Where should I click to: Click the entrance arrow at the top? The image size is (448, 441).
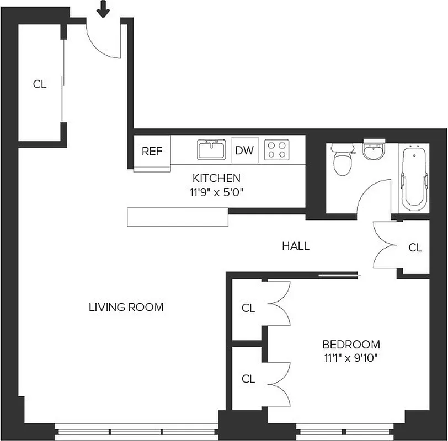coord(103,8)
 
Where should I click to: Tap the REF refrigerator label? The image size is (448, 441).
coord(152,151)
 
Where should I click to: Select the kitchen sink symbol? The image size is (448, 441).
coord(211,149)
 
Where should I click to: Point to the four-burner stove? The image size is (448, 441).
coord(277,150)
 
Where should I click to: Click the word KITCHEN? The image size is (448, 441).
coord(216,178)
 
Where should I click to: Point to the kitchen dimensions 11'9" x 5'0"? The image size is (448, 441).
coord(216,193)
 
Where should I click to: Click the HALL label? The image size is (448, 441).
coord(296,246)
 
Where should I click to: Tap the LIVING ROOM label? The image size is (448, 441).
coord(126,308)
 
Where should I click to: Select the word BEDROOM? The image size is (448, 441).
coord(351,345)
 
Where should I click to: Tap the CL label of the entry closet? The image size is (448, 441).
coord(40,84)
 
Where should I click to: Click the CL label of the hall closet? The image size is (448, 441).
coord(415,248)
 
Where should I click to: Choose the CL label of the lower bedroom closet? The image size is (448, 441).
coord(248,379)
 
